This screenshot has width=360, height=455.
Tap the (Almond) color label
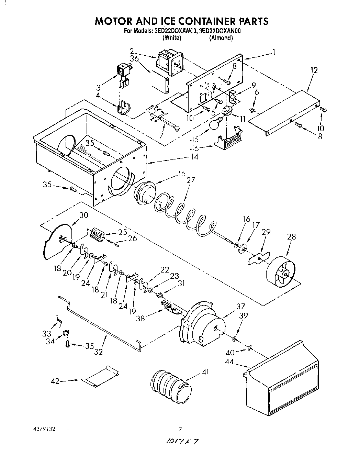click(x=221, y=38)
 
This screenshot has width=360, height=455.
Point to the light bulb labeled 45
click(x=217, y=124)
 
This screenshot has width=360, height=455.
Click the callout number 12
click(x=314, y=70)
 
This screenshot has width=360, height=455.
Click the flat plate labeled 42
click(x=101, y=374)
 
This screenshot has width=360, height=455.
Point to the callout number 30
click(x=84, y=215)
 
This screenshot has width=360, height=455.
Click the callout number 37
click(x=240, y=306)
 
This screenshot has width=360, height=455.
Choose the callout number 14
click(x=194, y=157)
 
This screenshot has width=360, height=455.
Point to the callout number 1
click(x=274, y=52)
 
